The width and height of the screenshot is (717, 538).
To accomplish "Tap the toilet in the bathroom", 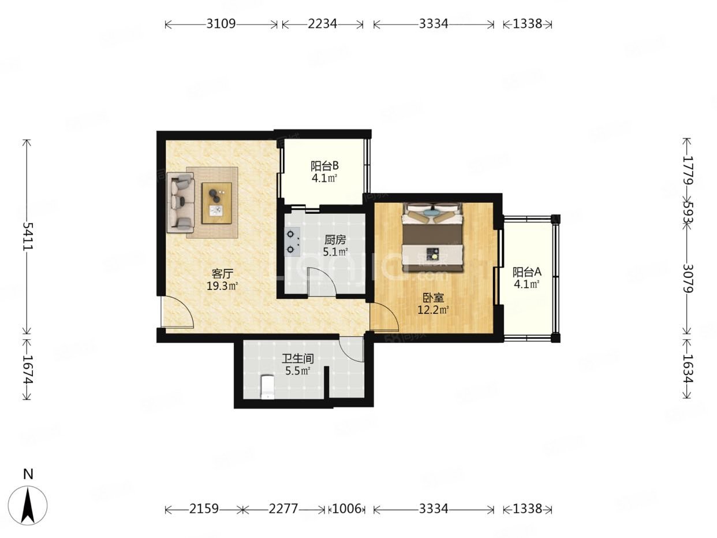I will [x=267, y=387].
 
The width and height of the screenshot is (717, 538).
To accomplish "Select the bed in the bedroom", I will [x=433, y=238].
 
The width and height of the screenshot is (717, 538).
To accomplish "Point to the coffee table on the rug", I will [x=216, y=203].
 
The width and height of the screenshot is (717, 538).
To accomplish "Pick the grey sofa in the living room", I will [x=180, y=202].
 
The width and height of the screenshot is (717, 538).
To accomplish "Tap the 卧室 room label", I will [x=433, y=298].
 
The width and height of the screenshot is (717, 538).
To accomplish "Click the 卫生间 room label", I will [x=298, y=359].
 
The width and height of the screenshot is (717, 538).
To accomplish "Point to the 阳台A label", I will [x=526, y=272].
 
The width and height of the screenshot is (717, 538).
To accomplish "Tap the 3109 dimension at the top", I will [x=221, y=24].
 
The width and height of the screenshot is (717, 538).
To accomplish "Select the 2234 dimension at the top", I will [x=323, y=24].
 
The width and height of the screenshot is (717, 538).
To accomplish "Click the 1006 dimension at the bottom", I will [x=346, y=509].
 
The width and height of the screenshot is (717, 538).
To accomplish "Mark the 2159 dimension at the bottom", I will [x=204, y=509].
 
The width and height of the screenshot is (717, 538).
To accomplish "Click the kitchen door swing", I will [x=321, y=282].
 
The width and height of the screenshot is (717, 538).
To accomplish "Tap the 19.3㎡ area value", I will [x=222, y=285].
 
